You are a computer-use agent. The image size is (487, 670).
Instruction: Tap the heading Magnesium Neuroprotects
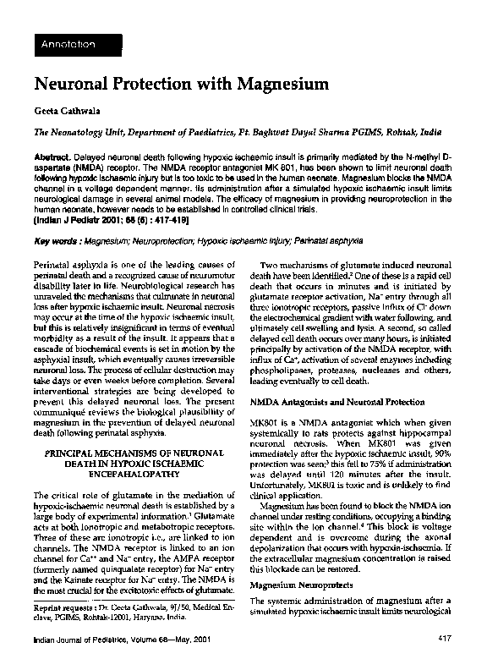[300, 585]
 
